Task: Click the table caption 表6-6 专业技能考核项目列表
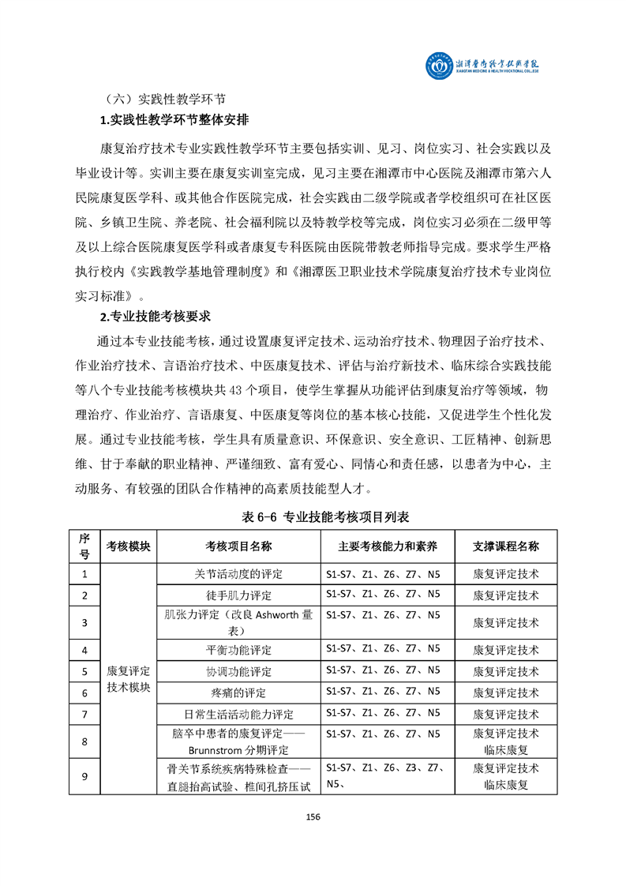(x=313, y=516)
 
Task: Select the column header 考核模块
(x=130, y=546)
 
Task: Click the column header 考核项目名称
(x=238, y=546)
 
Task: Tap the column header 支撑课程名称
(x=506, y=546)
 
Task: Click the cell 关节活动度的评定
(x=238, y=573)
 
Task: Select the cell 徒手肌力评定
(x=238, y=595)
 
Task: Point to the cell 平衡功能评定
(x=238, y=650)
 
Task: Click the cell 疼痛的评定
(x=238, y=693)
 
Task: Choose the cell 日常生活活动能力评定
(x=238, y=714)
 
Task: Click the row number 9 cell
(x=84, y=775)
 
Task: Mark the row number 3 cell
(x=84, y=622)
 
